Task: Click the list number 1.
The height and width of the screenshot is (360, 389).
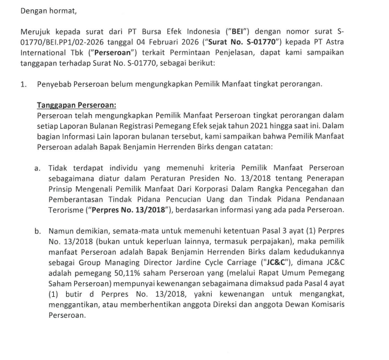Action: (22, 84)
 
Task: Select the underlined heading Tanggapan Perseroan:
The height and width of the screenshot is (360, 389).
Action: (76, 105)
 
